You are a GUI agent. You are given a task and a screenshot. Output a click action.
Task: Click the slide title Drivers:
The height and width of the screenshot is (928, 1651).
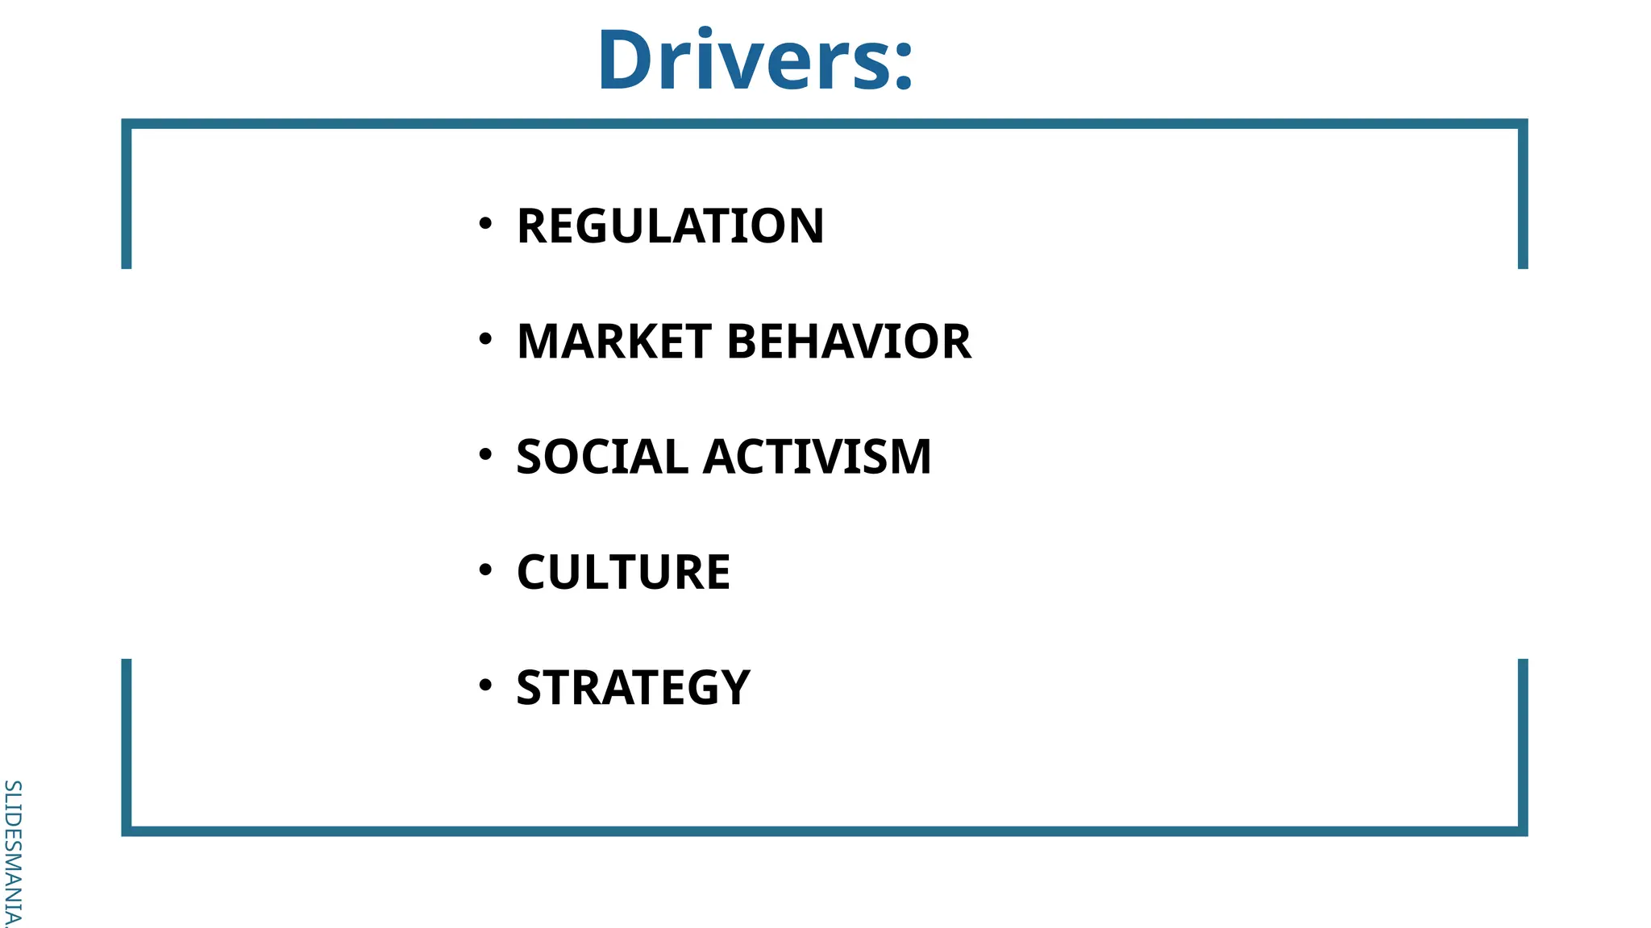755,61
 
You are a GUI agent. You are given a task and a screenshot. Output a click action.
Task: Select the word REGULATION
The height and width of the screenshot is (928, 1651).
670,226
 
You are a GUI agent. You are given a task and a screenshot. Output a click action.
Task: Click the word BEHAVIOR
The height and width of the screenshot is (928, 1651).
849,342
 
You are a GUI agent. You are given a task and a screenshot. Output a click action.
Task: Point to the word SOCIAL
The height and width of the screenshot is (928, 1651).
601,457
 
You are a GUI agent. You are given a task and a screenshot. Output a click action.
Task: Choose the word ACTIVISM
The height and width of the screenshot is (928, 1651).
817,457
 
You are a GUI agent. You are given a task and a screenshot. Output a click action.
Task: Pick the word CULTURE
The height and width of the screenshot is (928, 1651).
623,572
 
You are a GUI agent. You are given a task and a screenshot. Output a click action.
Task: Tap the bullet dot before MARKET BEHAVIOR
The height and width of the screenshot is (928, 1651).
484,339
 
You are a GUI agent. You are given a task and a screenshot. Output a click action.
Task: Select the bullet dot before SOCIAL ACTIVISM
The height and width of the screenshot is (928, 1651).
484,454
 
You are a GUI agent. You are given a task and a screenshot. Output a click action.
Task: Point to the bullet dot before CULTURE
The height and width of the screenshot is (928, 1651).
484,570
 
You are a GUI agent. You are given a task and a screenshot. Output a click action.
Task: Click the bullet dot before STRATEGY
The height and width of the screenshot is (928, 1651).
484,685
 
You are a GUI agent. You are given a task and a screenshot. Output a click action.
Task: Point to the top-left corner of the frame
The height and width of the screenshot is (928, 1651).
127,124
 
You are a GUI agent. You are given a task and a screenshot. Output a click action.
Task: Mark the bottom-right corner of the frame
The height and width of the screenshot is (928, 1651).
1522,831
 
